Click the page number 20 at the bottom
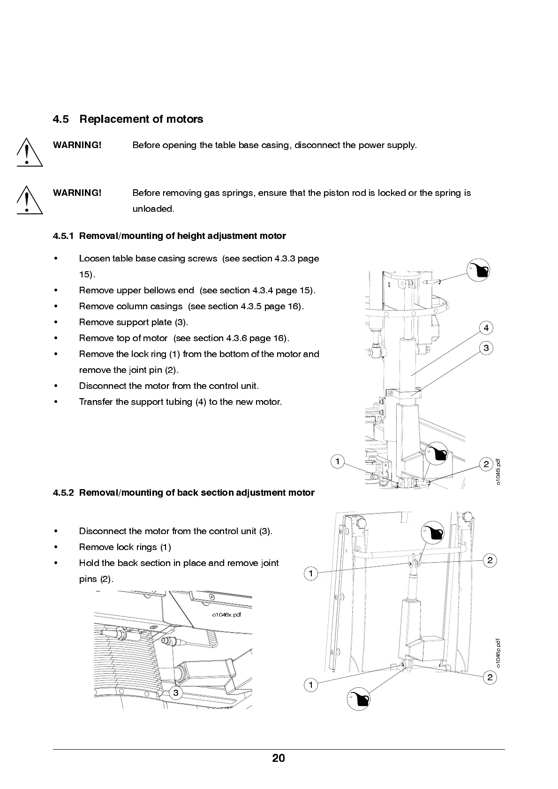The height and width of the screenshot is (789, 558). (x=278, y=758)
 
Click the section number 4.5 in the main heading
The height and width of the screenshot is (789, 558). (x=60, y=119)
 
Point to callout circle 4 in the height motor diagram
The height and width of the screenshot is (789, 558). (x=486, y=328)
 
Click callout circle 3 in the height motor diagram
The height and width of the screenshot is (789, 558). (x=486, y=348)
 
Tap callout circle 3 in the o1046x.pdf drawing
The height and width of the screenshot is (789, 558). (x=175, y=693)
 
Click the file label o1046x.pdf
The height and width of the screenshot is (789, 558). (x=226, y=615)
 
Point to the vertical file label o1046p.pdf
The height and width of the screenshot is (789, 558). (x=498, y=653)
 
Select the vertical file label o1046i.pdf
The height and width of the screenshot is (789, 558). (x=498, y=472)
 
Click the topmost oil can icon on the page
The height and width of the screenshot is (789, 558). (x=478, y=270)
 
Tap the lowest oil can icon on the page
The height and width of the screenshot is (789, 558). (x=359, y=700)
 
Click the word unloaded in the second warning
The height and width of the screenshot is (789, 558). (x=153, y=209)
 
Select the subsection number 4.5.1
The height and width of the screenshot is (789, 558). (x=63, y=236)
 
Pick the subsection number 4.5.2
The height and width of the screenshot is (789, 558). (x=63, y=493)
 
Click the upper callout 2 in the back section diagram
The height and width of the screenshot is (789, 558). (x=490, y=560)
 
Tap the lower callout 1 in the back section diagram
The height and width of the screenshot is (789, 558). (x=310, y=685)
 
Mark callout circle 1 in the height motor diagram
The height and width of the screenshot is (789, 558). (x=337, y=461)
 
